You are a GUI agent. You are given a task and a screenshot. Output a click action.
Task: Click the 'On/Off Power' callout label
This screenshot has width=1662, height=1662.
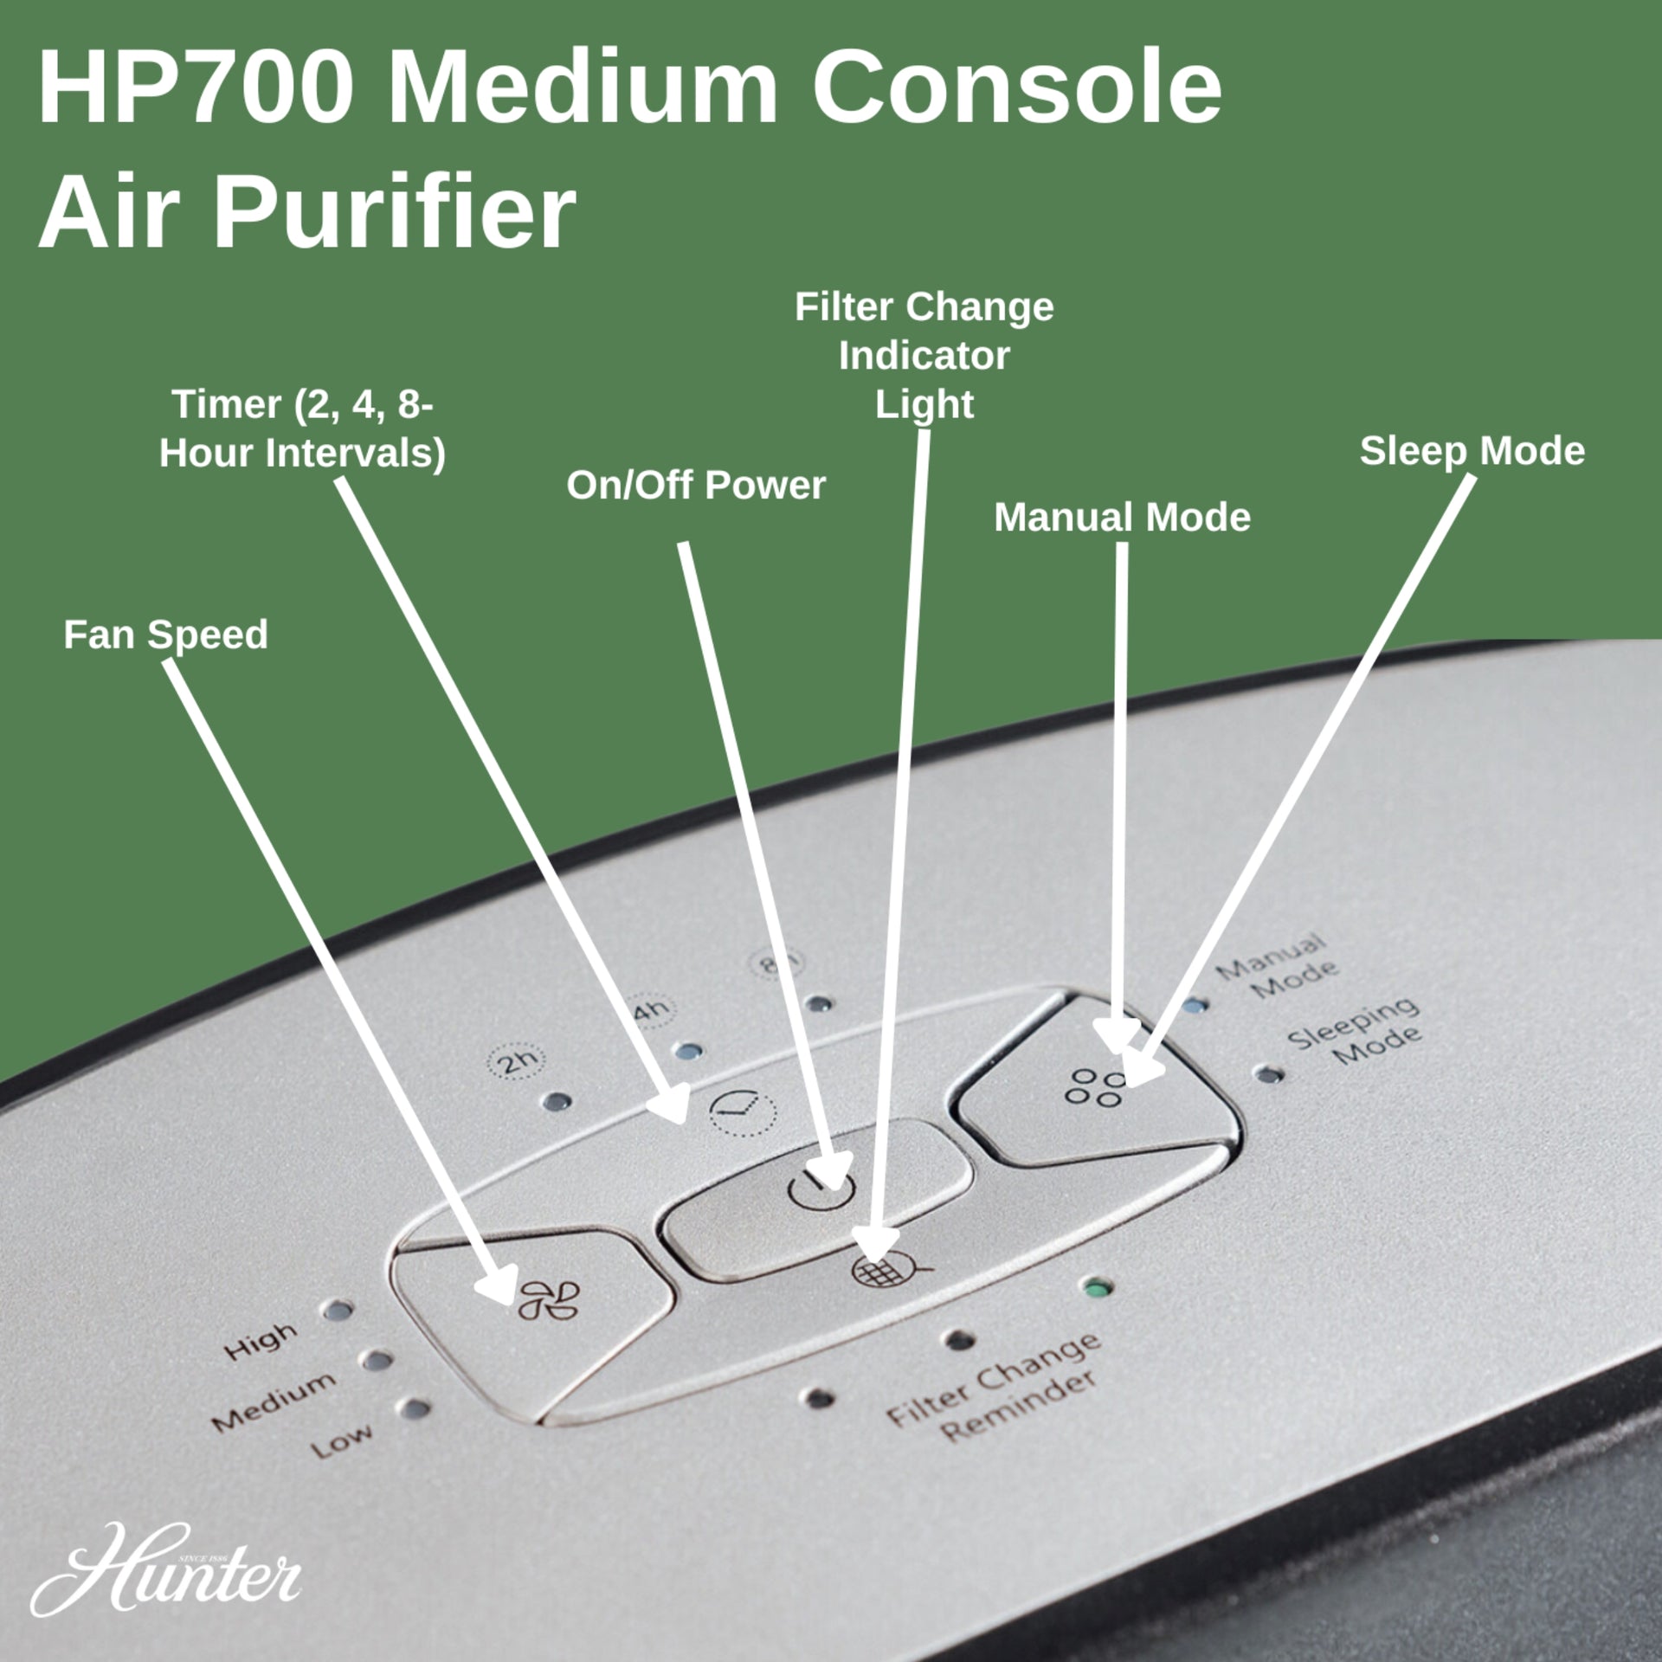(696, 485)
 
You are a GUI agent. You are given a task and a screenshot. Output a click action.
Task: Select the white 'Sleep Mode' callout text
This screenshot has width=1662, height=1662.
(1472, 451)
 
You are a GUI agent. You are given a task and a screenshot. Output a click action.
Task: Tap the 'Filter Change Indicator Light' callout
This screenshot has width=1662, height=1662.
(924, 356)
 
